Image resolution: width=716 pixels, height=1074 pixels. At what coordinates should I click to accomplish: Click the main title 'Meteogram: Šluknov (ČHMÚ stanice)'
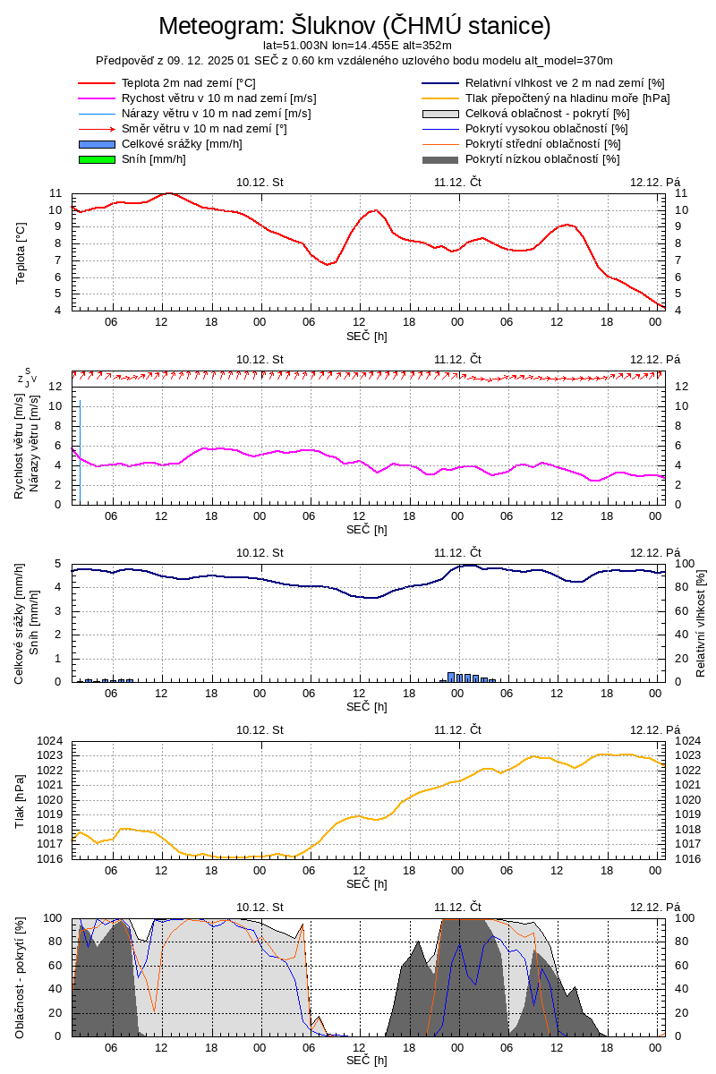point(354,25)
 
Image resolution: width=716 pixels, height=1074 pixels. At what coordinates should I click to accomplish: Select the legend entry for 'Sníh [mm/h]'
point(154,159)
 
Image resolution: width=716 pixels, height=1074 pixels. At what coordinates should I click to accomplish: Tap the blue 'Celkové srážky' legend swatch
point(98,144)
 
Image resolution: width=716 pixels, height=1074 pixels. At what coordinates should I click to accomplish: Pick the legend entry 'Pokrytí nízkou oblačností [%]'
point(542,159)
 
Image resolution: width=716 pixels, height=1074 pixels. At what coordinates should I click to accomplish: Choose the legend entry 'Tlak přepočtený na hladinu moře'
point(567,98)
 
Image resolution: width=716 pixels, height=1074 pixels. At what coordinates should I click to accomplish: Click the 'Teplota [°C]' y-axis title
point(21,253)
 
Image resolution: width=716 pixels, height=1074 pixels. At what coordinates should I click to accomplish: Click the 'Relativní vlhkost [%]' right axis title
point(701,622)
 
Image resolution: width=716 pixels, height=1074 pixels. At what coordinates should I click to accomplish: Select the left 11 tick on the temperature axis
point(55,193)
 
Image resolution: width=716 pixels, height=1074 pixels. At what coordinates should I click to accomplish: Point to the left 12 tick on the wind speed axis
point(55,387)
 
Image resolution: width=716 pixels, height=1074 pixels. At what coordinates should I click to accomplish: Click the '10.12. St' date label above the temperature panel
point(260,182)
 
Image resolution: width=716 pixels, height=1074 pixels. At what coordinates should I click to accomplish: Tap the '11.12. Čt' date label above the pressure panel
point(458,729)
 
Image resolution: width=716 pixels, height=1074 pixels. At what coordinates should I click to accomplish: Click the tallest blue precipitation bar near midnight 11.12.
point(451,677)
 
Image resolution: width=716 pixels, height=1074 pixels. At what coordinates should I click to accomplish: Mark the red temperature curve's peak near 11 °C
point(168,193)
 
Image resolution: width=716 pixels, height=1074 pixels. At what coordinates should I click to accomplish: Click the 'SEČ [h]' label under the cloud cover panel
point(367,1061)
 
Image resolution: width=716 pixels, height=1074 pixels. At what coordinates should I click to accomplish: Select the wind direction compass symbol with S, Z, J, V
point(28,377)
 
